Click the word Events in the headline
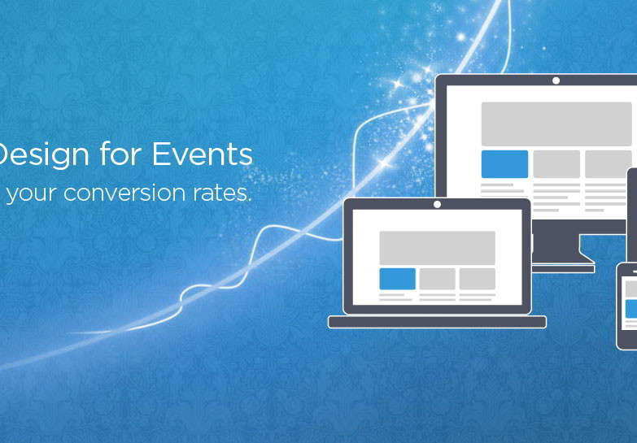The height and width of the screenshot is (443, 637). click(202, 154)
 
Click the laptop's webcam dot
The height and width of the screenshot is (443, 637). click(437, 204)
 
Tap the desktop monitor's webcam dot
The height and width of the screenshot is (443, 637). click(556, 80)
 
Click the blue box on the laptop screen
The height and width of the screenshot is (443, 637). click(397, 279)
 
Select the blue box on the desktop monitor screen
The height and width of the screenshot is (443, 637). click(504, 164)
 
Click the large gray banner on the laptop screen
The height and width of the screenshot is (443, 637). click(437, 248)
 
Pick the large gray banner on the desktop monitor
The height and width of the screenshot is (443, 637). click(556, 124)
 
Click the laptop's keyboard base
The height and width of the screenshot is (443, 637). click(437, 322)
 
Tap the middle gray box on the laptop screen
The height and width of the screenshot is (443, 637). click(437, 279)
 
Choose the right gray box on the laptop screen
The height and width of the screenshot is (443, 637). click(478, 279)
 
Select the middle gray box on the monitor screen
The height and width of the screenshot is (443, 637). click(556, 164)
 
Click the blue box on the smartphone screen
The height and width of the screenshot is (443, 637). click(631, 309)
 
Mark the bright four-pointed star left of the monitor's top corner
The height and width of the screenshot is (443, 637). click(398, 84)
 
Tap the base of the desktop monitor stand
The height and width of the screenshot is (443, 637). click(564, 269)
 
